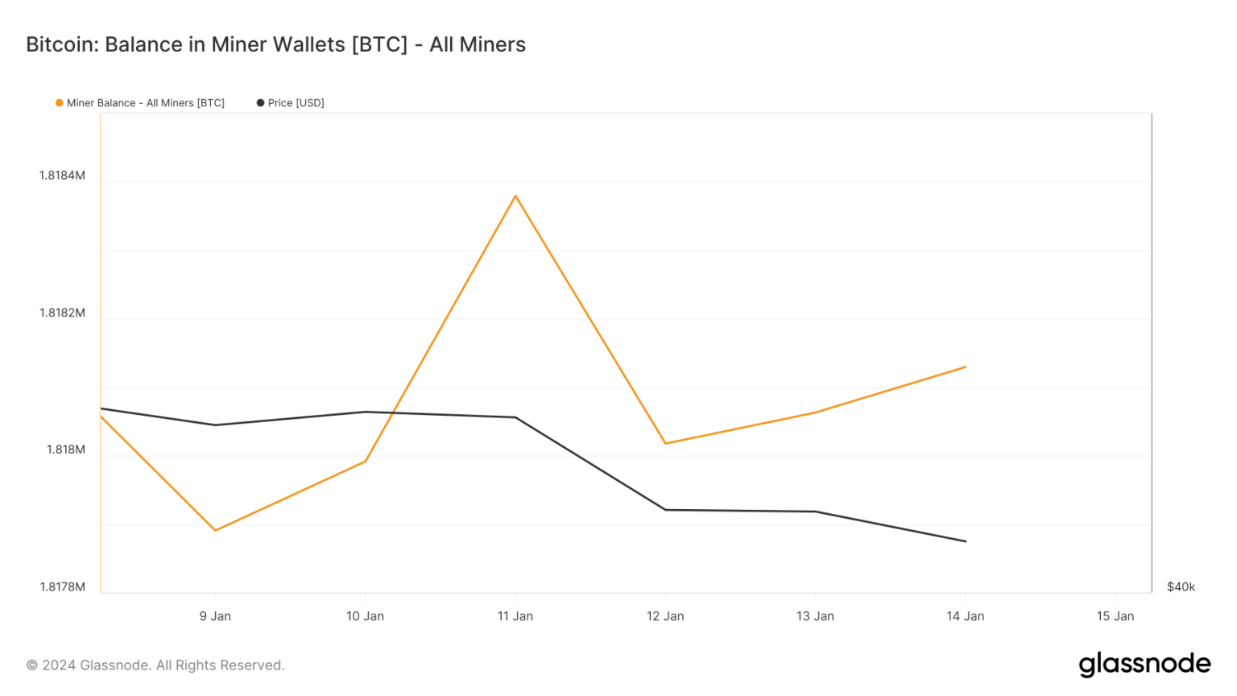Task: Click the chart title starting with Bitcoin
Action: point(275,44)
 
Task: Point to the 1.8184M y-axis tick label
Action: point(62,176)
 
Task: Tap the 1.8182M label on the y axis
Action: point(62,313)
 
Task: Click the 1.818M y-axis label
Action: point(65,449)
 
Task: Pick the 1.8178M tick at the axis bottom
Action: point(62,586)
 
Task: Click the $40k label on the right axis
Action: point(1181,586)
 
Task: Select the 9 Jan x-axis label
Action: point(215,616)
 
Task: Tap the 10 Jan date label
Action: point(365,616)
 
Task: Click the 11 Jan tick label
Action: point(515,616)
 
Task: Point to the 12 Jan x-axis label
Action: point(665,616)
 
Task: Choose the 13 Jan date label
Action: point(815,616)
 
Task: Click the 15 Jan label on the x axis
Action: point(1115,616)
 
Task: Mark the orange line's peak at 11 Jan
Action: point(515,196)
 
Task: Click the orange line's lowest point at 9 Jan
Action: point(215,530)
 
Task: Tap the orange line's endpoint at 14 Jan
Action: point(966,367)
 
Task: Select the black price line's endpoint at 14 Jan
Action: point(966,541)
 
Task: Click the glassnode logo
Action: point(1144,665)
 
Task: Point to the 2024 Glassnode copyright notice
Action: point(155,665)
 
